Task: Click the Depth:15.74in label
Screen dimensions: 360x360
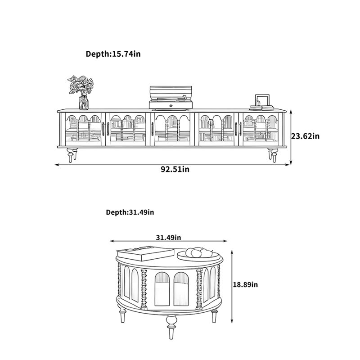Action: (113, 54)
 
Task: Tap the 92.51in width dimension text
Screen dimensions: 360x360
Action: (175, 170)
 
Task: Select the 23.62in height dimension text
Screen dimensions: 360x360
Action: (306, 136)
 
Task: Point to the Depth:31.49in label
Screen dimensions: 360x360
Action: (130, 212)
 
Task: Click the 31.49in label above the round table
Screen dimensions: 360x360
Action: (168, 238)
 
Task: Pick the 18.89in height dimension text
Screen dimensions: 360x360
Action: (245, 285)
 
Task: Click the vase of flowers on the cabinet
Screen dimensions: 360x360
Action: (81, 92)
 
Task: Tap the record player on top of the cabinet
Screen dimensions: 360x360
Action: (171, 97)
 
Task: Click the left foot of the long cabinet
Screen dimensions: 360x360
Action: (72, 155)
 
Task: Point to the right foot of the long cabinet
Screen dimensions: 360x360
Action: (273, 155)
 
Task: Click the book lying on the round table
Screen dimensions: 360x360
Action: (145, 253)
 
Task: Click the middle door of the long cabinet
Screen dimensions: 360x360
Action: (172, 129)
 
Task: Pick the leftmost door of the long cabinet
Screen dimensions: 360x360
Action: (83, 129)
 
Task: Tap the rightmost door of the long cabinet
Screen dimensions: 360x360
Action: (261, 129)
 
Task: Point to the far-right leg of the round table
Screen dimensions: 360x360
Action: (214, 316)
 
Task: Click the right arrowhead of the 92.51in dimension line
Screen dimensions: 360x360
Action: (288, 165)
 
